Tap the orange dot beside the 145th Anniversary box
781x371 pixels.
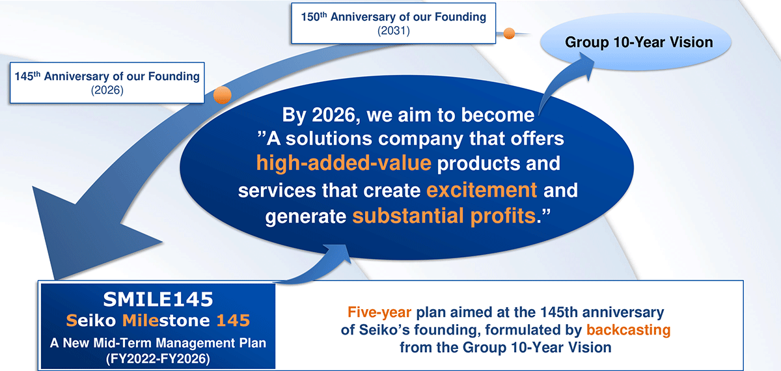tap(223, 95)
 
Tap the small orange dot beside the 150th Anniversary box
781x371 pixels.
tap(509, 33)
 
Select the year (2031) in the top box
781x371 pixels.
tap(394, 31)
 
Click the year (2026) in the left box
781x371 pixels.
tap(107, 90)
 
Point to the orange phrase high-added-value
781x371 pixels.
tap(344, 163)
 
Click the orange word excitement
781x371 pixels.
tap(482, 190)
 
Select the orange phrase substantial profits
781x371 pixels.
tap(444, 215)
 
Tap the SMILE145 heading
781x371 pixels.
tap(158, 299)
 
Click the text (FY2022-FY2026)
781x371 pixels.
tap(158, 359)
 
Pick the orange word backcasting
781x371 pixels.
tap(628, 330)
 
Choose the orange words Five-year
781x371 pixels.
tap(379, 312)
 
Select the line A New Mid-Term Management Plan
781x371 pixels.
tap(158, 343)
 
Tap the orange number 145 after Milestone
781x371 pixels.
tap(233, 320)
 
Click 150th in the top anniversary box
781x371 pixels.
tap(314, 17)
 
